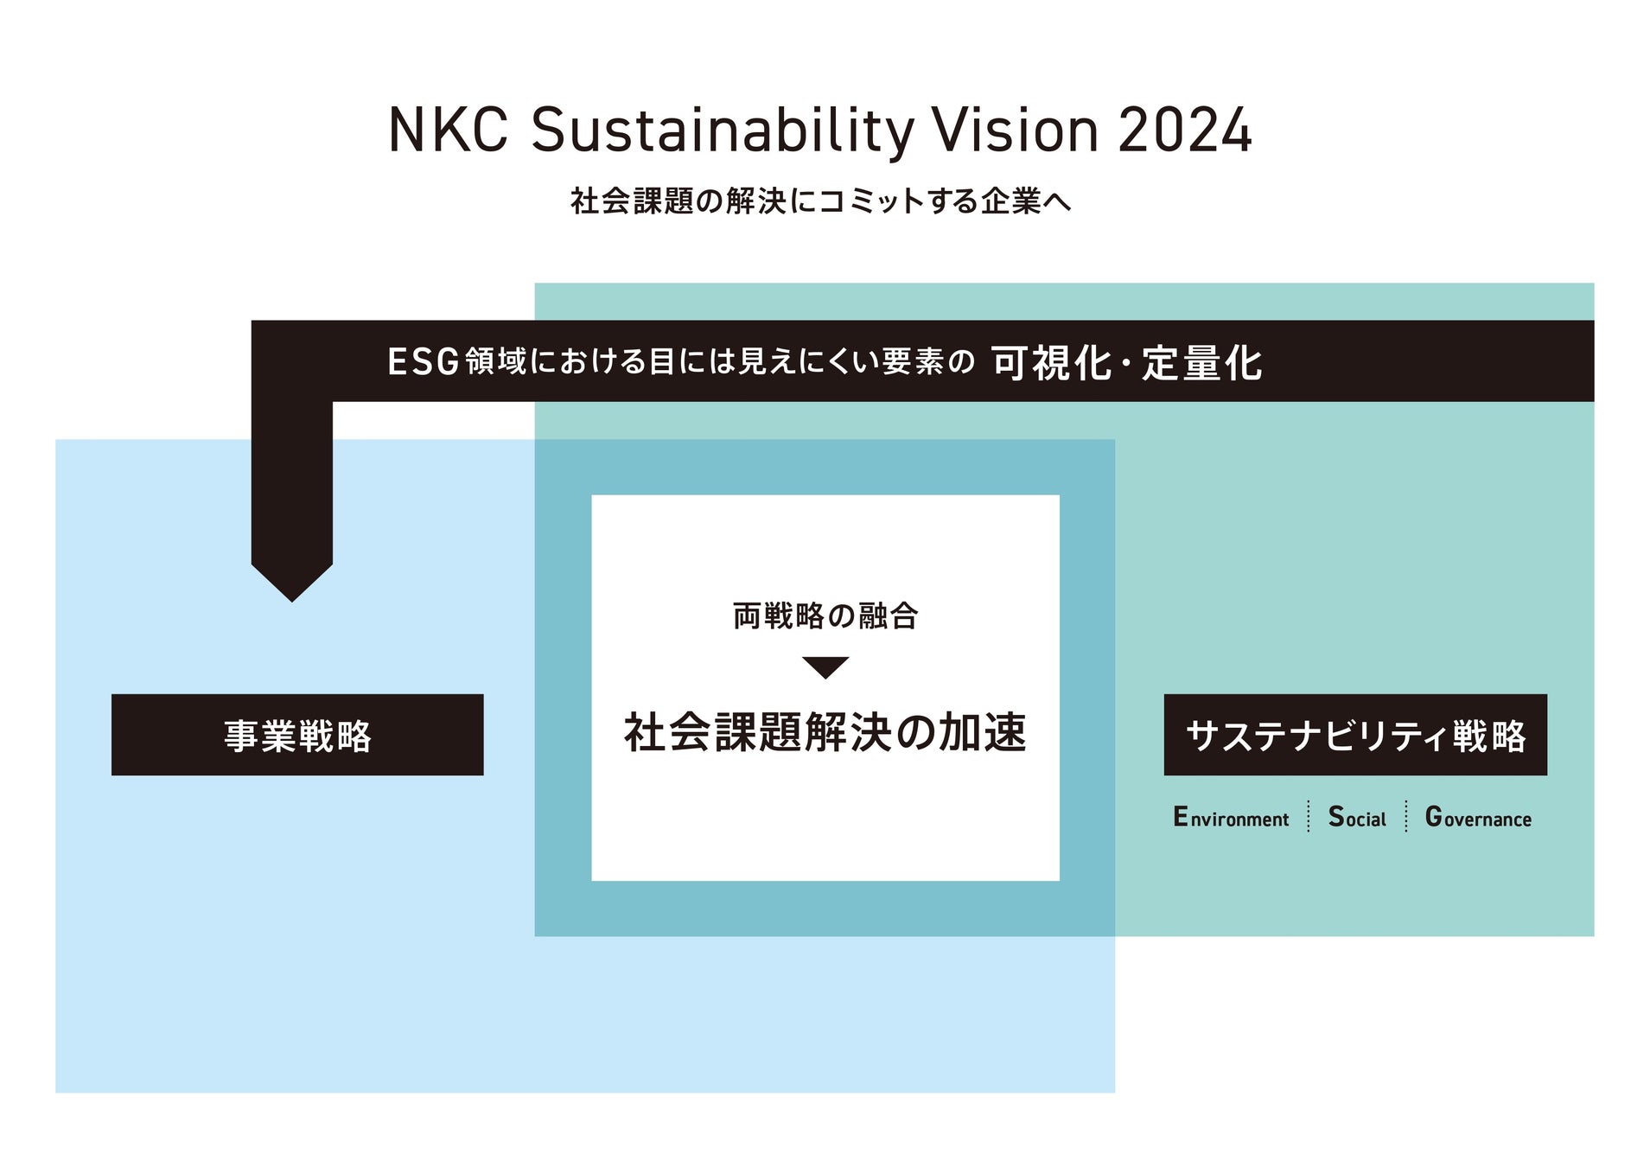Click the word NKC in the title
[x=447, y=131]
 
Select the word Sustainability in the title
[x=723, y=131]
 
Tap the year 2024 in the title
[x=1184, y=131]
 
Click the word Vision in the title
[x=1015, y=131]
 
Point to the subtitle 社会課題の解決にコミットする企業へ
[x=820, y=201]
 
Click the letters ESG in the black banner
[x=423, y=362]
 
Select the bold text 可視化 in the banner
[x=1051, y=362]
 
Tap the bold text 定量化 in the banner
[x=1201, y=362]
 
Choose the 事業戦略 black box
[x=297, y=735]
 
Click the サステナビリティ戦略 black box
[x=1354, y=735]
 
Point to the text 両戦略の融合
[x=825, y=616]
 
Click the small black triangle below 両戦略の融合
[x=825, y=666]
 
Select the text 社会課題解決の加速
[x=825, y=732]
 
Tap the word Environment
[x=1230, y=818]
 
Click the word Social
[x=1356, y=818]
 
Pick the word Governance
[x=1477, y=818]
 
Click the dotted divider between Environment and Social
[x=1309, y=816]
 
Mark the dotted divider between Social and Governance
[x=1406, y=816]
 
